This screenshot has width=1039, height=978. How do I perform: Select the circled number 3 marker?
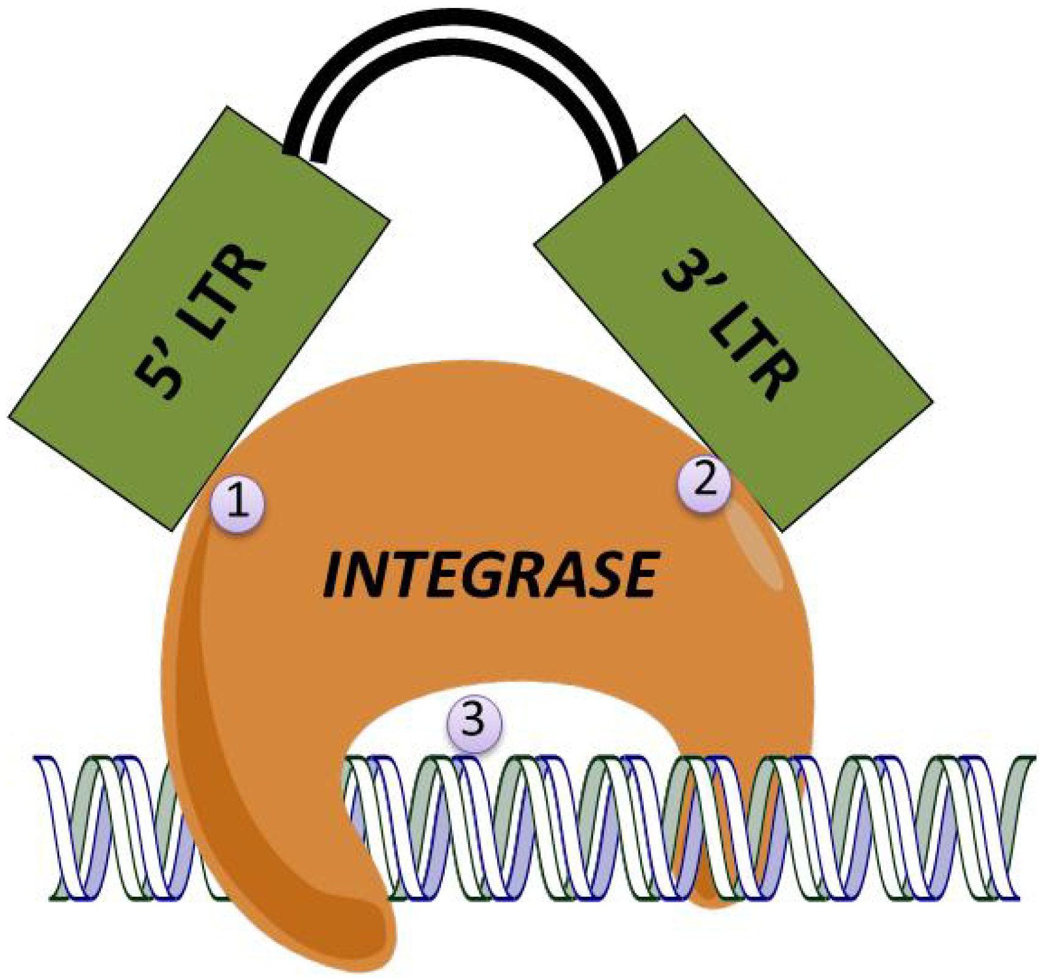475,722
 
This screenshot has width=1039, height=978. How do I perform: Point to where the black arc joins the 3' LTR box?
620,165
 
